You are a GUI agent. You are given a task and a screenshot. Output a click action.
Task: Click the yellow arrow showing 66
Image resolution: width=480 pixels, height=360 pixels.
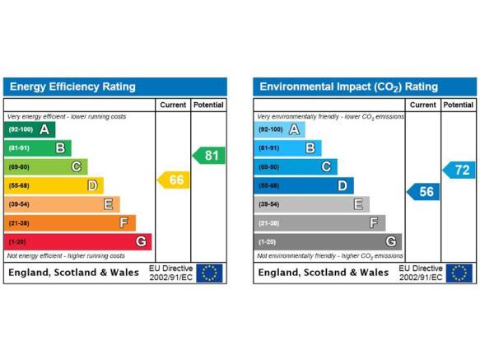tap(173, 180)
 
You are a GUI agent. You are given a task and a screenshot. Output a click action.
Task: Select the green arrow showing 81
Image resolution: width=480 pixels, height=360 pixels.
tap(209, 156)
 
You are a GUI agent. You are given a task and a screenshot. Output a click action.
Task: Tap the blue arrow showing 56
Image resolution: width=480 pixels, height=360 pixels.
tap(423, 192)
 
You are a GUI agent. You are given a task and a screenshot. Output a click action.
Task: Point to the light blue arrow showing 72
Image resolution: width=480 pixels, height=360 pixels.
tap(459, 170)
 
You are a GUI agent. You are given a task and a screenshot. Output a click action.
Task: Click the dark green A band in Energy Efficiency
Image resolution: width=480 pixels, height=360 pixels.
tap(30, 129)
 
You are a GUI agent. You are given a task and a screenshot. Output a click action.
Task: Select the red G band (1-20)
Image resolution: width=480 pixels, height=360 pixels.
tap(77, 241)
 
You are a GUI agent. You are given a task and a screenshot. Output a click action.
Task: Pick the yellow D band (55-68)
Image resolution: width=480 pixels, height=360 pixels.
tap(54, 185)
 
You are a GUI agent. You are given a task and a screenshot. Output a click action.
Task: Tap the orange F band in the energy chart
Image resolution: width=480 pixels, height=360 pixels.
tap(70, 222)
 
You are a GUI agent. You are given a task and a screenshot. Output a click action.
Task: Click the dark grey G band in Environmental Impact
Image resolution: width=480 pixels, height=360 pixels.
tap(328, 241)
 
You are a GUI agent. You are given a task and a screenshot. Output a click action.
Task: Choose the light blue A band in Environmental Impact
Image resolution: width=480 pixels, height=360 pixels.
tap(279, 129)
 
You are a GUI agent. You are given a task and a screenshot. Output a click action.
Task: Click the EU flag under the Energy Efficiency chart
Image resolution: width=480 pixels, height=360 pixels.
tap(209, 273)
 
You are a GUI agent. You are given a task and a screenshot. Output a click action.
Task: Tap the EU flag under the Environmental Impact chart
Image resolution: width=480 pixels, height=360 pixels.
tap(459, 273)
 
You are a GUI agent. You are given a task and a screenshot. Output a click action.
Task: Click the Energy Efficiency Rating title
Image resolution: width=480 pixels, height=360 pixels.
tap(72, 86)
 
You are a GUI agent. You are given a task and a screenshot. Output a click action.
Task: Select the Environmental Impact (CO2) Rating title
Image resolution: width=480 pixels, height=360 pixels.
tap(348, 87)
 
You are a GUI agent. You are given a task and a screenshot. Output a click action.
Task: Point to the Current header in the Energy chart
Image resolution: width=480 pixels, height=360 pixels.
tap(173, 105)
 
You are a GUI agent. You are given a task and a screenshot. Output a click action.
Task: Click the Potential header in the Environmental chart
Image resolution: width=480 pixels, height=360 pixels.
tap(459, 105)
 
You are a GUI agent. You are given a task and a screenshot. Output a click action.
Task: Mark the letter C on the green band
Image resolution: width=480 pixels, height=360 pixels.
tap(77, 166)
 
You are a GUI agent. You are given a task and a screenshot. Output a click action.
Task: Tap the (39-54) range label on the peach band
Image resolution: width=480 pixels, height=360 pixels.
tap(19, 204)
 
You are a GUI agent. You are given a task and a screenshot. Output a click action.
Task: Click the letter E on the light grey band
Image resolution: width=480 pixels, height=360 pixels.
tap(358, 204)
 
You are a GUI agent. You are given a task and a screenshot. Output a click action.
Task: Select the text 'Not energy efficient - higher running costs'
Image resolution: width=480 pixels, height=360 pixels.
tap(66, 256)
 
